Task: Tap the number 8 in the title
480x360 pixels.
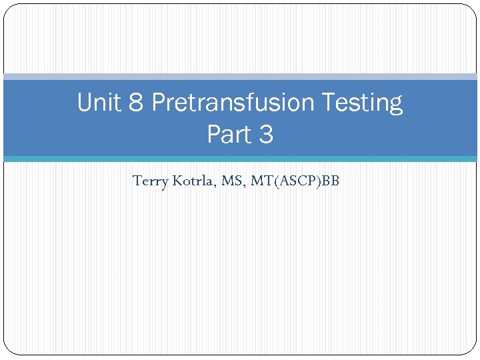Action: [x=139, y=103]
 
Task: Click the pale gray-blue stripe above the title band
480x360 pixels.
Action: [x=240, y=77]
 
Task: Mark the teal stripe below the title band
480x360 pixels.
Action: [x=240, y=159]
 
